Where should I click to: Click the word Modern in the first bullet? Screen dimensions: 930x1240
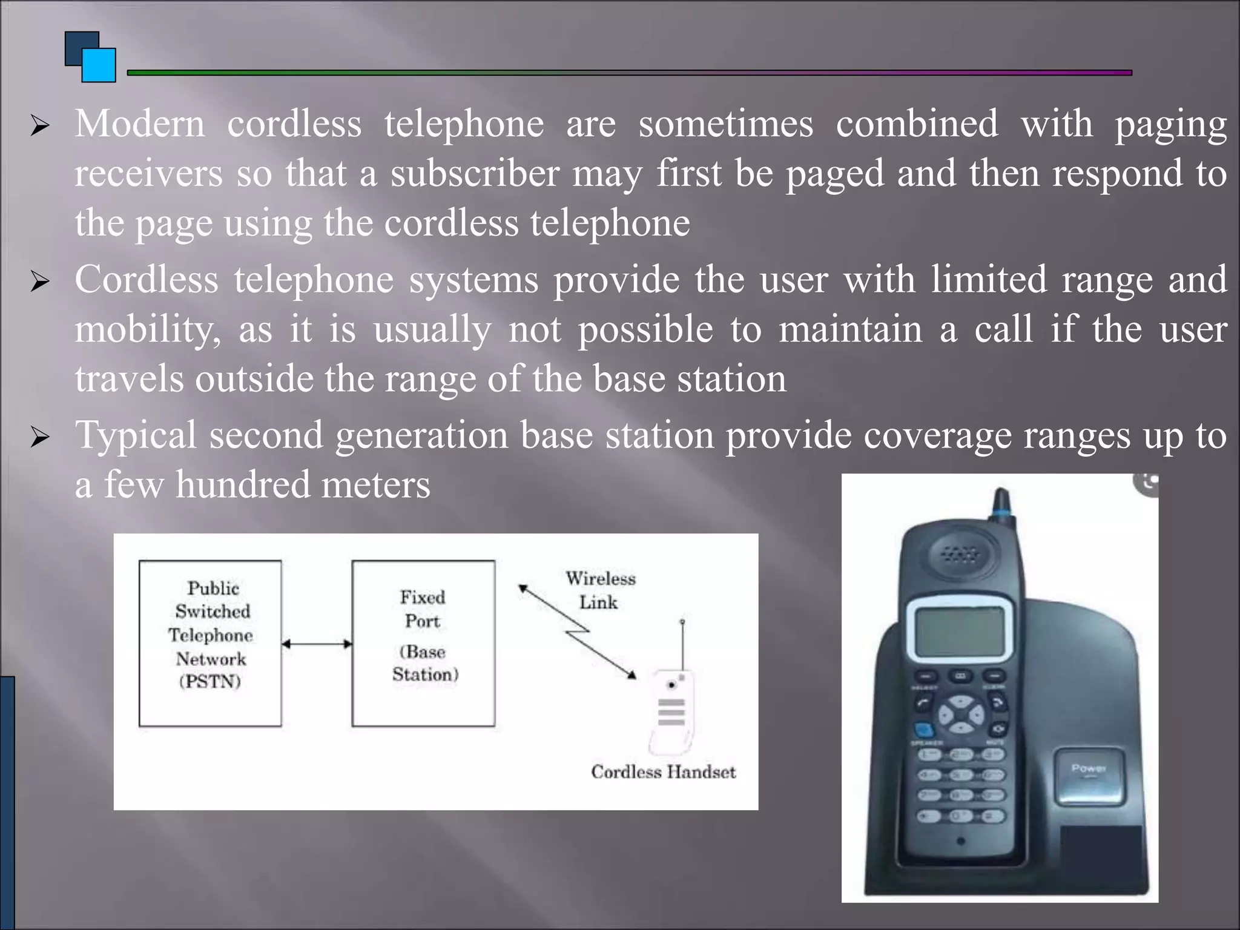click(140, 124)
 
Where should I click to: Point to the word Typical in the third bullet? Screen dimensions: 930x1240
click(136, 436)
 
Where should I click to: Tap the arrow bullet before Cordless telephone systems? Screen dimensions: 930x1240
click(40, 281)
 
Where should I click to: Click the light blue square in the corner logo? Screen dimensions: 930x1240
click(99, 65)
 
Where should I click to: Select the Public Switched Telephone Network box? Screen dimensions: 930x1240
click(210, 642)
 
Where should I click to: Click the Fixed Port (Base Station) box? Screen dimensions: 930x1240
click(423, 642)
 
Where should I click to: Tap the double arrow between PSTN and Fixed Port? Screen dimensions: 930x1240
click(317, 644)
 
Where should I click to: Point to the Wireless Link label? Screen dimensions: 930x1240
click(600, 590)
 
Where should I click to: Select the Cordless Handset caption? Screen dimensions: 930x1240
click(663, 772)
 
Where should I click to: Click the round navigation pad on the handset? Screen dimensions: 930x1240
click(961, 714)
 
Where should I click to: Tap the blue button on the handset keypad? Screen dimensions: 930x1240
click(923, 730)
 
